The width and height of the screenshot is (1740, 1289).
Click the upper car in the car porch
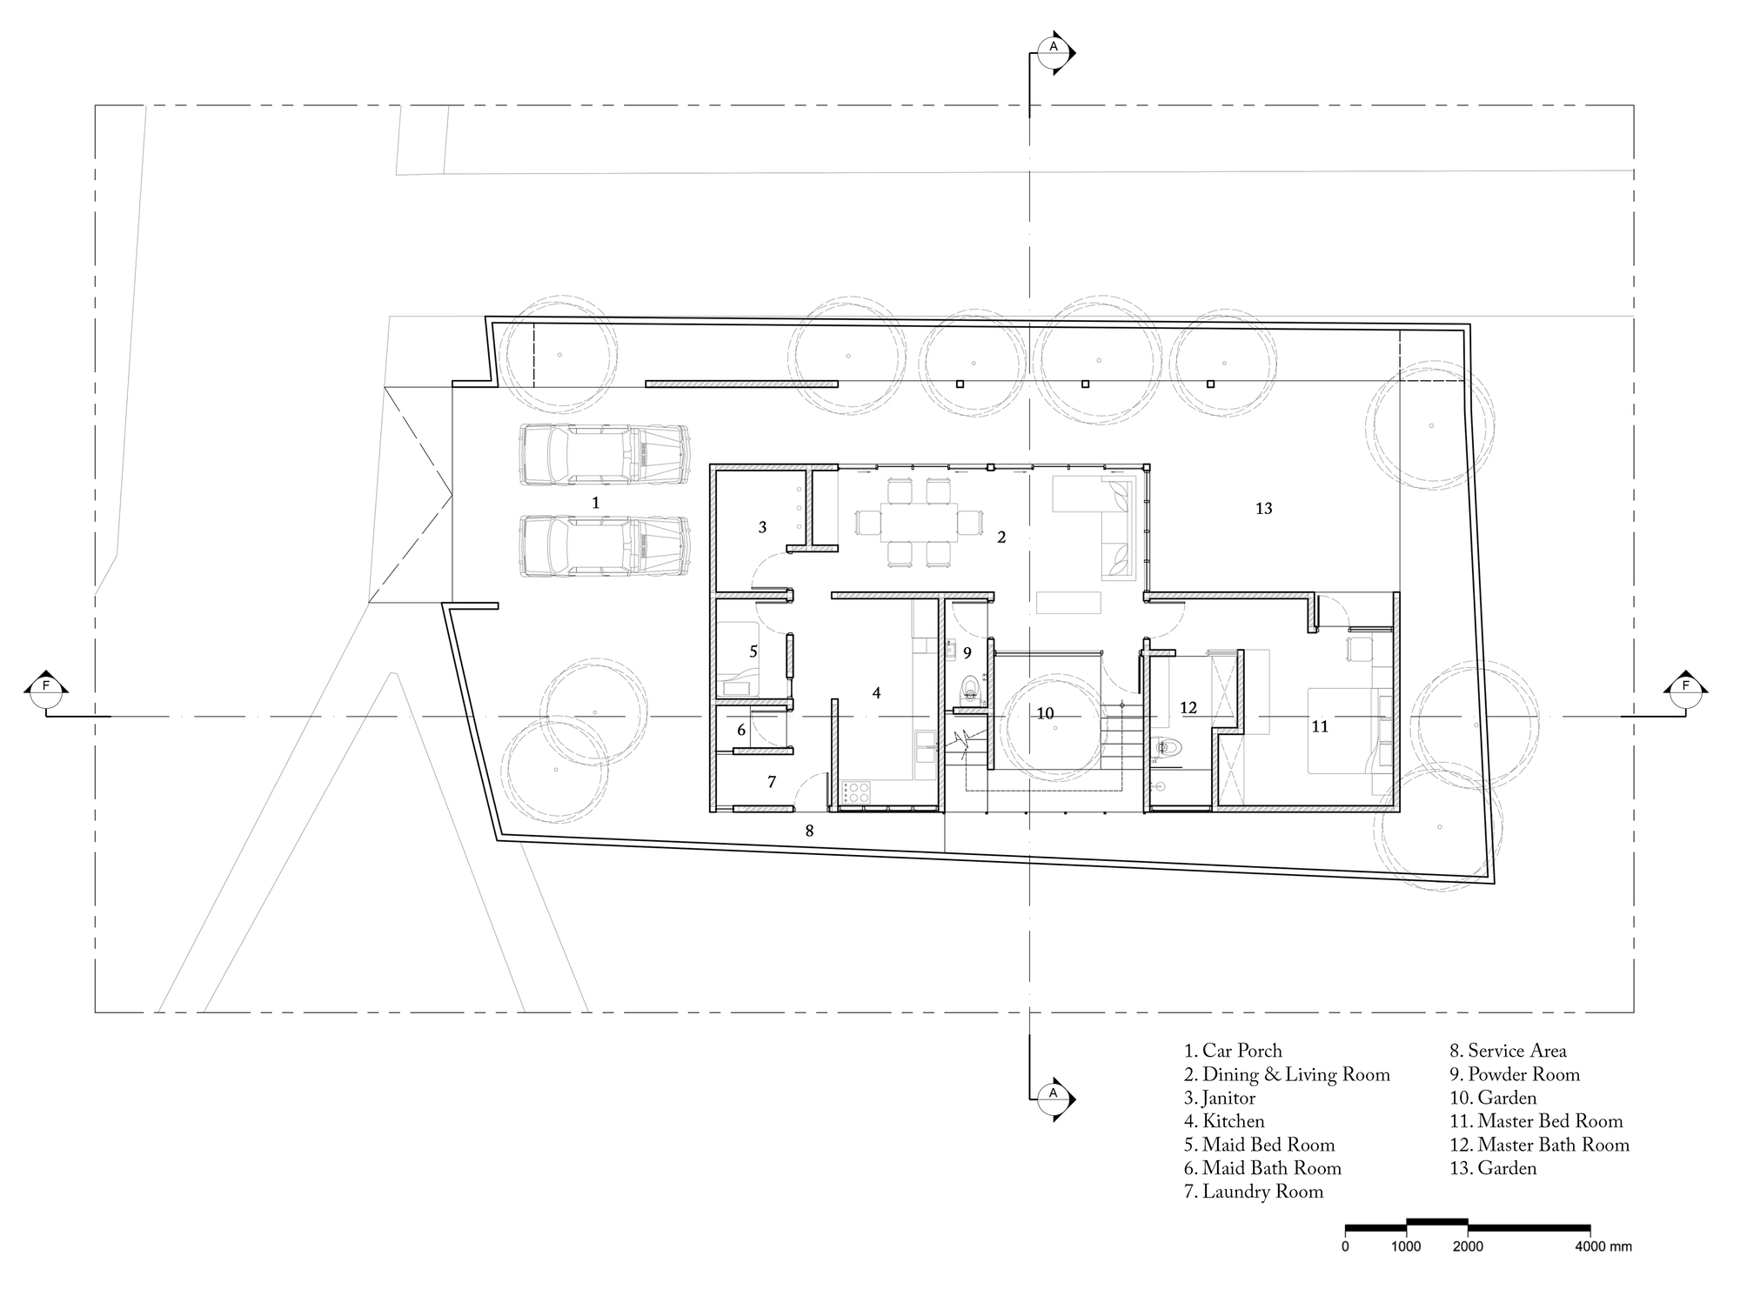[x=604, y=453]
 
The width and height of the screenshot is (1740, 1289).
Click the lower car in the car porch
[x=604, y=547]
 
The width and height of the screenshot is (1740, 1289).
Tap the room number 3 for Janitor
[x=762, y=527]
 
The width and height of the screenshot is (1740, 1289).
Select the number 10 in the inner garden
[x=1045, y=714]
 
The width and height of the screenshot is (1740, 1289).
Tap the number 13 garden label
[x=1263, y=509]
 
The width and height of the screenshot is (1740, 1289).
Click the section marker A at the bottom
[x=1054, y=1092]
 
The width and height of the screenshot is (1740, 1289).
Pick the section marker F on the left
[x=46, y=686]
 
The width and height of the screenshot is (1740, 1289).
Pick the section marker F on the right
[x=1686, y=686]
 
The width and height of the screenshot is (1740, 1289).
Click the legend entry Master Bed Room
[x=1536, y=1122]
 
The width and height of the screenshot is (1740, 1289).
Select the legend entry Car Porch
[x=1233, y=1052]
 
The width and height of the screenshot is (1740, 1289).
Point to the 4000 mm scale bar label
[x=1606, y=1247]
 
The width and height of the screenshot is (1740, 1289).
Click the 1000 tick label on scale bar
[x=1406, y=1247]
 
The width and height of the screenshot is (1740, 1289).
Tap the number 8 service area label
[x=809, y=832]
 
